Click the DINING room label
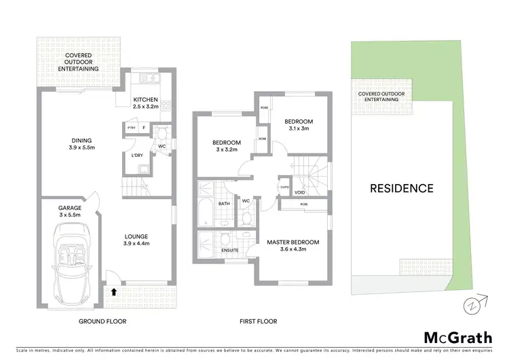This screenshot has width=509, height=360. [81, 141]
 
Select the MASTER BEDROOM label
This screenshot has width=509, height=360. [293, 242]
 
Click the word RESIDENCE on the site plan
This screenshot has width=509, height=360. [401, 188]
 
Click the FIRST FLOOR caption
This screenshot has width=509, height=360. [258, 321]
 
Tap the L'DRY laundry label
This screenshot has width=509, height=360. [137, 156]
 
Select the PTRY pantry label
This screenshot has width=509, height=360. [131, 128]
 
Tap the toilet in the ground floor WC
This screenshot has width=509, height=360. [162, 133]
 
